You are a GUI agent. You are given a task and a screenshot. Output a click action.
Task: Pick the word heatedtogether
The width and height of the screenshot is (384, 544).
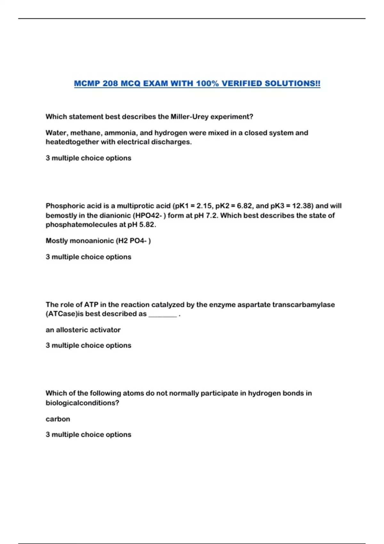tap(72, 142)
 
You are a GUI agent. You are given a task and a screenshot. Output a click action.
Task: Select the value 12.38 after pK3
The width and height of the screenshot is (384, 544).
tap(302, 206)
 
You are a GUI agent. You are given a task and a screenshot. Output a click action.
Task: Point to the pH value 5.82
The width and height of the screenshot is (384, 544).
tap(147, 225)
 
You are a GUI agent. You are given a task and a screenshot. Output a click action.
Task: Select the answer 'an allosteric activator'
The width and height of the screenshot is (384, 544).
tap(83, 330)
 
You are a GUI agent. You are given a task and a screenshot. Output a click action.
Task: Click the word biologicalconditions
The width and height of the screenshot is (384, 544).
tap(82, 403)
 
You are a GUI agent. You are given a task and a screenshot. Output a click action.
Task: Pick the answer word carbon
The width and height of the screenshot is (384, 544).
tap(58, 419)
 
